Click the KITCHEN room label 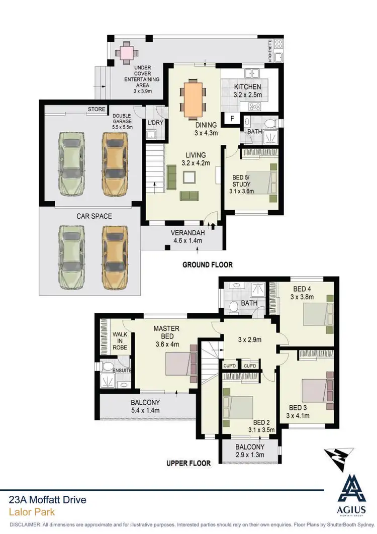coord(247,87)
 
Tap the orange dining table coord(194,98)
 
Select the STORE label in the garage coord(96,109)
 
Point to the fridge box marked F coord(232,119)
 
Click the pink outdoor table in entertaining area coord(125,52)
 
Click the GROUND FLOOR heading coord(207,264)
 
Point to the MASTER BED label coord(166,328)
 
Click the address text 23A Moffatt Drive coord(48,500)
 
